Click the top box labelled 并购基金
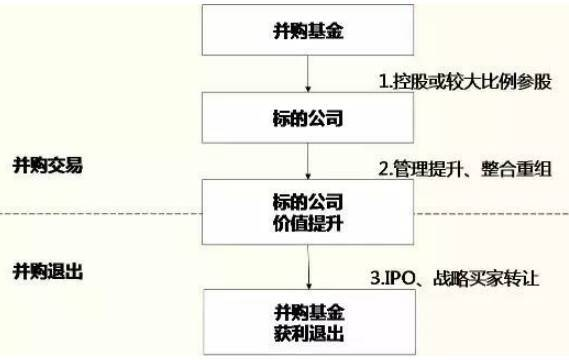308,30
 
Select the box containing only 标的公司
308,118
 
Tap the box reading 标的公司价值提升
308,212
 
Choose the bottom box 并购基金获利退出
309,322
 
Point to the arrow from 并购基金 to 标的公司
308,74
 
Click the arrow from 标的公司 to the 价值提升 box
308,161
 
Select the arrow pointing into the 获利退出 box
308,267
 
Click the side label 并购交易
48,165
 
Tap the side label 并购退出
48,271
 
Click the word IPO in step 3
399,279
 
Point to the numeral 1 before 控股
383,81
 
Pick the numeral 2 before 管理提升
383,169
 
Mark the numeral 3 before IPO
375,279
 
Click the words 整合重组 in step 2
516,169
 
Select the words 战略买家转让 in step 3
486,278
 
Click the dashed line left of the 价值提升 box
101,213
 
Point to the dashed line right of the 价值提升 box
491,213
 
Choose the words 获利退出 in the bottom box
309,334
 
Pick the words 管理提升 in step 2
428,169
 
